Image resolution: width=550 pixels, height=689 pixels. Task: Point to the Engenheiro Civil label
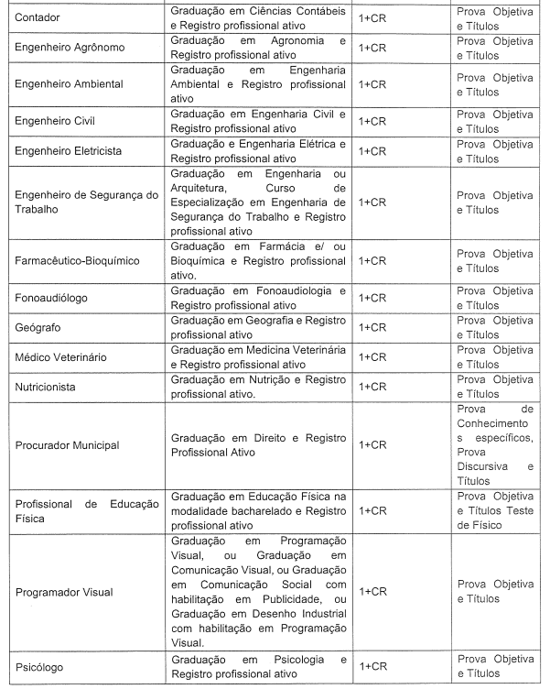pos(57,120)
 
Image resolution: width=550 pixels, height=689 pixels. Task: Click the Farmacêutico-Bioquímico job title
pos(78,260)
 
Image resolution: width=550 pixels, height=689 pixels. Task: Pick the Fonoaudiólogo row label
pos(56,297)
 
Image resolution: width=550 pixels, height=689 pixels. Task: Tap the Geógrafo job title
pos(39,327)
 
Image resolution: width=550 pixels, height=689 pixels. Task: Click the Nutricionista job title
pos(52,387)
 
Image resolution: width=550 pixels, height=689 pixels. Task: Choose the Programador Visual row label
pos(64,592)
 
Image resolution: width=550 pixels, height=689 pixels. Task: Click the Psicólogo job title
pos(42,666)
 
